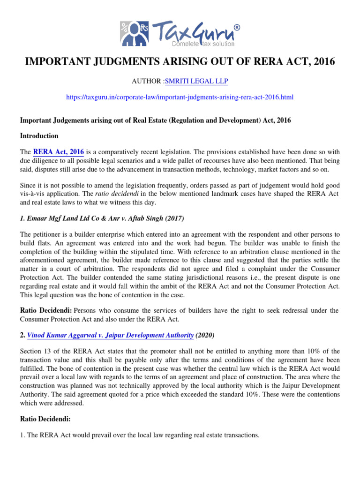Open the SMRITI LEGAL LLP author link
point(196,82)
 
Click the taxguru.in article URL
point(180,97)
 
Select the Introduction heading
point(39,136)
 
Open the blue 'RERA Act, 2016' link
point(58,152)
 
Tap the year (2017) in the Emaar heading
point(171,218)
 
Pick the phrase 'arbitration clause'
point(292,251)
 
